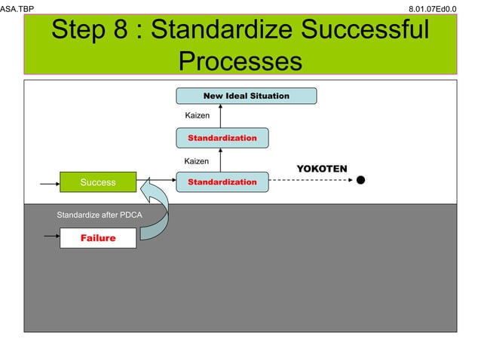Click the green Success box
[x=98, y=182]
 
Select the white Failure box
[x=98, y=238]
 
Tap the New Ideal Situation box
[x=247, y=96]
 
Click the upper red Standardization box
[x=222, y=139]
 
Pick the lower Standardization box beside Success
[x=222, y=182]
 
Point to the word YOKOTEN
[x=322, y=168]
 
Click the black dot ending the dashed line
[x=361, y=181]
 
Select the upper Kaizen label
[x=198, y=116]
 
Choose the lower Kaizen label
[x=198, y=161]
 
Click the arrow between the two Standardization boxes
[x=221, y=160]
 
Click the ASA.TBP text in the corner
[x=17, y=8]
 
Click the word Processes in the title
[x=240, y=61]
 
